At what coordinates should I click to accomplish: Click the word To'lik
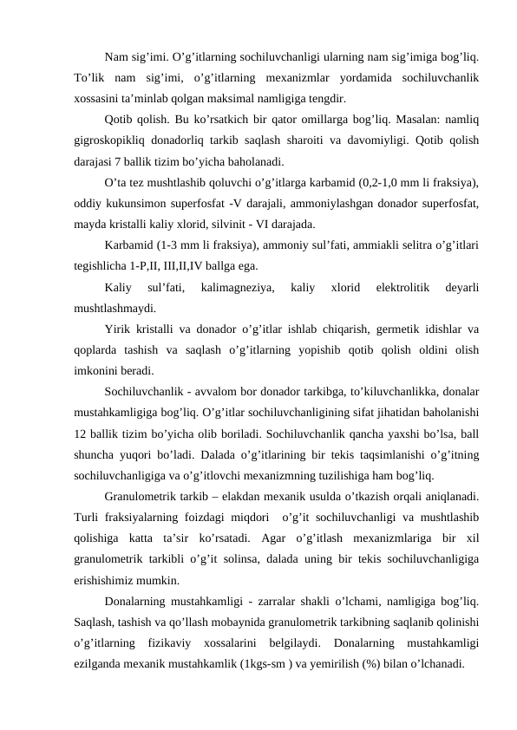(88, 78)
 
